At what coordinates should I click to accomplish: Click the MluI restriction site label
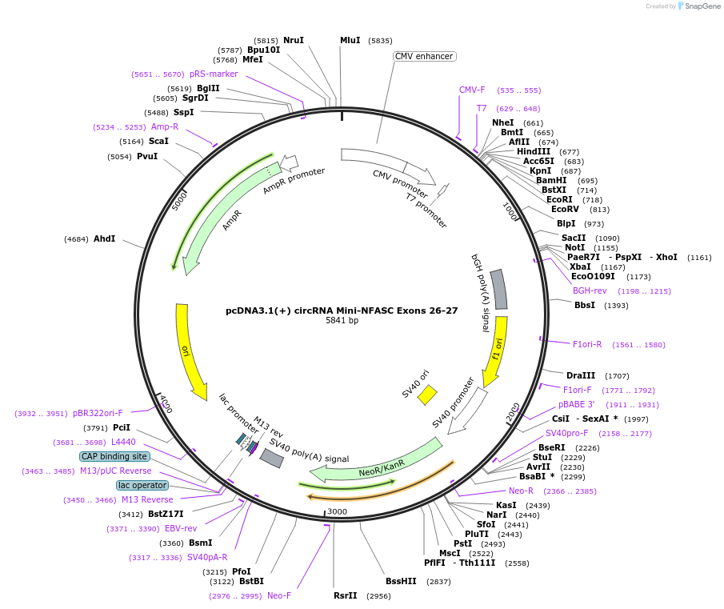click(x=350, y=41)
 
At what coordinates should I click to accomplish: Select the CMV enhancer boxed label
click(x=424, y=56)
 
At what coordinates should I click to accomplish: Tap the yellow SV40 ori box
click(x=427, y=395)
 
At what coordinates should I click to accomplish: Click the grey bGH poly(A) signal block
click(x=498, y=290)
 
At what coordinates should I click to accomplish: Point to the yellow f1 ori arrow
click(x=497, y=351)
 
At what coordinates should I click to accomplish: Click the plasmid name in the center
click(x=342, y=311)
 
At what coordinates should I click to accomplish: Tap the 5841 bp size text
click(x=342, y=320)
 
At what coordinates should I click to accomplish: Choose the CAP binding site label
click(x=114, y=457)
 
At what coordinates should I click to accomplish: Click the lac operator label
click(x=142, y=485)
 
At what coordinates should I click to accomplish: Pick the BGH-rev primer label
click(x=590, y=290)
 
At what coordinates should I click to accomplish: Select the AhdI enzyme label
click(x=104, y=238)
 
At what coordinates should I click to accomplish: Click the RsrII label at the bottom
click(x=346, y=595)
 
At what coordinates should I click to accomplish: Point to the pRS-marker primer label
click(x=214, y=74)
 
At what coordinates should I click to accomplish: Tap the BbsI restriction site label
click(x=585, y=305)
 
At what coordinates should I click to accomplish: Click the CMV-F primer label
click(x=472, y=90)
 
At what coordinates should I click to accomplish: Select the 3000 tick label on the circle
click(x=337, y=511)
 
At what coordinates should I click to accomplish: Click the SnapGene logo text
click(x=702, y=6)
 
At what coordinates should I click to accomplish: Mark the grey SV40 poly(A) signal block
click(x=271, y=458)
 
